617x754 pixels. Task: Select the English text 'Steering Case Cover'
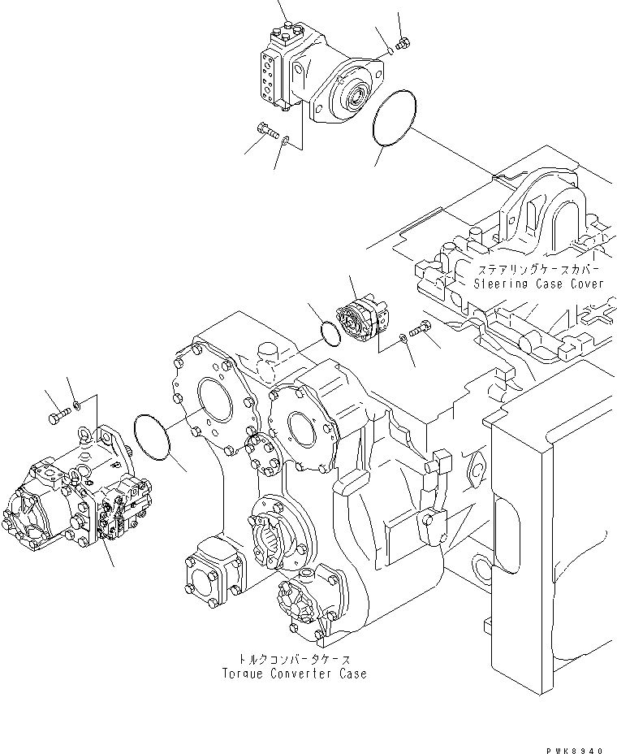click(x=540, y=284)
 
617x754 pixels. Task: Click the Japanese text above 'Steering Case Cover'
click(x=539, y=269)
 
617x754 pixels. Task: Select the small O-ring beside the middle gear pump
click(x=329, y=332)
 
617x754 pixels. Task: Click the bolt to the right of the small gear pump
click(x=420, y=329)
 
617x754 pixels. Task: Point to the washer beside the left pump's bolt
click(x=76, y=404)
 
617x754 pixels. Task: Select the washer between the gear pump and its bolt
click(x=403, y=337)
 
